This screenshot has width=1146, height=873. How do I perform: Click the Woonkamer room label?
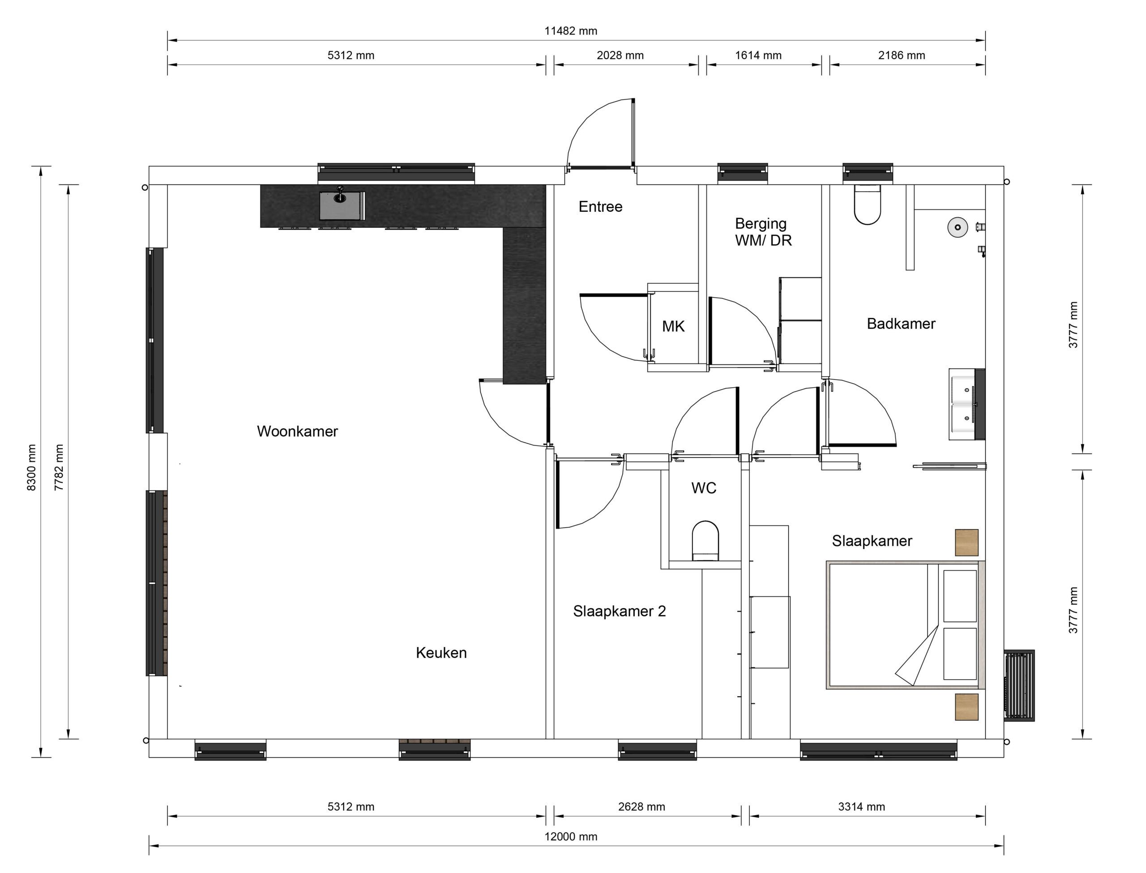click(x=297, y=431)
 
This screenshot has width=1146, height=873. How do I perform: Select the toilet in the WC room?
click(x=705, y=541)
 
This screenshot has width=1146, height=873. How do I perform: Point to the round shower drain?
click(x=957, y=227)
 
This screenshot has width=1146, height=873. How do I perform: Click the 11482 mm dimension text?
click(x=570, y=31)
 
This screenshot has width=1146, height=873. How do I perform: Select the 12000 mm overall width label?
click(x=570, y=837)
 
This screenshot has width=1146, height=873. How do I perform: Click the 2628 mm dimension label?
click(x=641, y=806)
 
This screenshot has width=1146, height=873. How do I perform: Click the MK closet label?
click(x=673, y=326)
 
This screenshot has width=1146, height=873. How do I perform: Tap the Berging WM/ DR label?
click(x=763, y=232)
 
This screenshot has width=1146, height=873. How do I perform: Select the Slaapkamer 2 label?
click(x=619, y=611)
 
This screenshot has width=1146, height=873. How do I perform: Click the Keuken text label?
click(x=441, y=653)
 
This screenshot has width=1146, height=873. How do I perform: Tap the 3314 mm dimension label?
click(x=861, y=806)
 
